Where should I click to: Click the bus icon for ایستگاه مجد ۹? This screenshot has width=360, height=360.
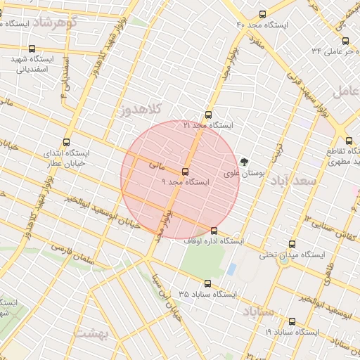pyautogui.click(x=186, y=172)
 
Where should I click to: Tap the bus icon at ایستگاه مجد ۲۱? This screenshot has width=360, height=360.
pyautogui.click(x=207, y=115)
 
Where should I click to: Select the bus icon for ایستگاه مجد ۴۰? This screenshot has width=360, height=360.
pyautogui.click(x=263, y=14)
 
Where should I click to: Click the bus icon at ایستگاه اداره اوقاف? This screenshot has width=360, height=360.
pyautogui.click(x=214, y=231)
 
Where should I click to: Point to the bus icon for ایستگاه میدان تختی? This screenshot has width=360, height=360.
pyautogui.click(x=292, y=245)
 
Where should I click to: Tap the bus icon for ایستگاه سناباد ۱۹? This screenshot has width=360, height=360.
pyautogui.click(x=292, y=321)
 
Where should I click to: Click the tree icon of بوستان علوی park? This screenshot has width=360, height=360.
pyautogui.click(x=244, y=161)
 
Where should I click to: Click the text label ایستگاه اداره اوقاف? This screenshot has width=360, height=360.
pyautogui.click(x=214, y=241)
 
